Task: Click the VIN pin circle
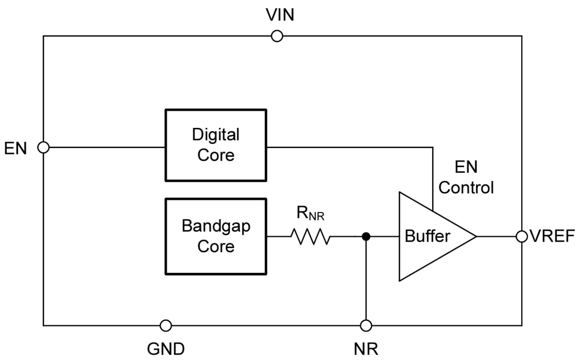click(276, 36)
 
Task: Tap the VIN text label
click(280, 15)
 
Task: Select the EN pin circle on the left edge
click(44, 147)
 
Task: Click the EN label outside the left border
click(16, 148)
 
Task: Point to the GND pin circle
click(166, 325)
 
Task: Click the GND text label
click(166, 348)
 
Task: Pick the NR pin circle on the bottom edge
click(366, 325)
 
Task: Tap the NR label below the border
click(366, 348)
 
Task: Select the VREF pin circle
click(522, 236)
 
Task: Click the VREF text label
click(552, 236)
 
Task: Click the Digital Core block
click(215, 145)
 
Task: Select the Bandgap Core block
click(215, 236)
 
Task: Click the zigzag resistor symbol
click(310, 237)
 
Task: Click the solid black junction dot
click(366, 236)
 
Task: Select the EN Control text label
click(466, 178)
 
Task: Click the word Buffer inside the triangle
click(427, 236)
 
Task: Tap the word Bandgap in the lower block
click(215, 226)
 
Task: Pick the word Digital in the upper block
click(215, 135)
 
